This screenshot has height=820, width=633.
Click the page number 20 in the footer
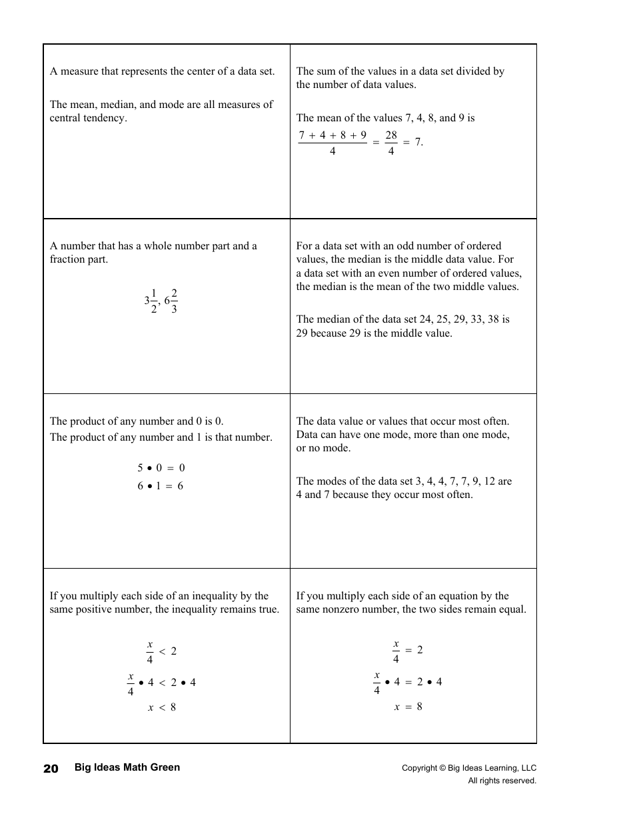pyautogui.click(x=51, y=768)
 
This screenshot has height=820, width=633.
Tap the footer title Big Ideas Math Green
pyautogui.click(x=127, y=767)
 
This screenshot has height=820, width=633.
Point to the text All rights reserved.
pyautogui.click(x=502, y=781)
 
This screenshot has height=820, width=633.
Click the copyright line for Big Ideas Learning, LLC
pyautogui.click(x=468, y=768)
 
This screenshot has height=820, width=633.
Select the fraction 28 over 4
pyautogui.click(x=391, y=143)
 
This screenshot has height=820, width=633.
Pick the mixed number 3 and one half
pyautogui.click(x=150, y=301)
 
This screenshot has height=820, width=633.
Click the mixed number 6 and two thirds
pyautogui.click(x=171, y=301)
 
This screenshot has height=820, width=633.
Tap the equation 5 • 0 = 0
pyautogui.click(x=161, y=468)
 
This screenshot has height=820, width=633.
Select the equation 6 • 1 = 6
pyautogui.click(x=161, y=486)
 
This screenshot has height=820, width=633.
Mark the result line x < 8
pyautogui.click(x=162, y=707)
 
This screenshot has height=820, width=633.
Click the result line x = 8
pyautogui.click(x=408, y=707)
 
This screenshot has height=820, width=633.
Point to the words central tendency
pyautogui.click(x=88, y=118)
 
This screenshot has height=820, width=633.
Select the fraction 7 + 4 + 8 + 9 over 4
pyautogui.click(x=332, y=143)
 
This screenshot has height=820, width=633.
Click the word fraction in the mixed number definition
pyautogui.click(x=66, y=259)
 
